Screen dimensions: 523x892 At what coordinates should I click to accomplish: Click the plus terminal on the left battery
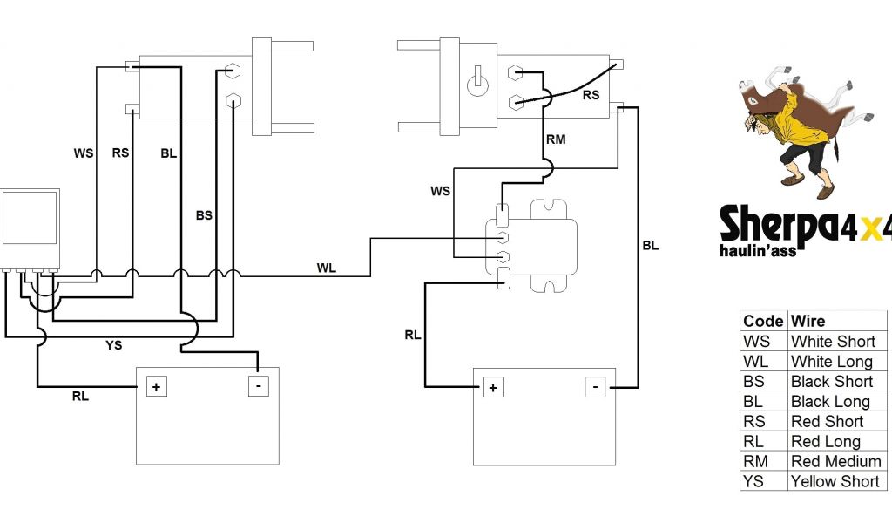pyautogui.click(x=157, y=386)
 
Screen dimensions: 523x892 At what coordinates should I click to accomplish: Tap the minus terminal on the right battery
pyautogui.click(x=595, y=386)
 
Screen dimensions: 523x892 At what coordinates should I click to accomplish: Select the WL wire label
pyautogui.click(x=326, y=268)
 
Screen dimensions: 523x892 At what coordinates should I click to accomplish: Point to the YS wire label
pyautogui.click(x=114, y=345)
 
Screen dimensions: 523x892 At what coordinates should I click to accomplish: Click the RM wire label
pyautogui.click(x=556, y=139)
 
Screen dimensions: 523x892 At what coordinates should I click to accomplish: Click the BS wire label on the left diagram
pyautogui.click(x=204, y=214)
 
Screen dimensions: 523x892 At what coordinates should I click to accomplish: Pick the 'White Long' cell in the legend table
pyautogui.click(x=831, y=362)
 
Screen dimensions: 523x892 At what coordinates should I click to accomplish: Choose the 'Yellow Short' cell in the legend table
pyautogui.click(x=835, y=481)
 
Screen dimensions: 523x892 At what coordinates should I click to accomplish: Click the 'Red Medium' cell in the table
pyautogui.click(x=835, y=461)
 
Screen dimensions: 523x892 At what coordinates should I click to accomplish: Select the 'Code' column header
pyautogui.click(x=762, y=322)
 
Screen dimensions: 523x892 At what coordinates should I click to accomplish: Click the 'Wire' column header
pyautogui.click(x=808, y=322)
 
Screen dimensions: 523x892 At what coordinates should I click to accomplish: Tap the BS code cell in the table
pyautogui.click(x=755, y=382)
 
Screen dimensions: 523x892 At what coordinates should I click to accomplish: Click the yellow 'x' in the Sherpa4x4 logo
pyautogui.click(x=864, y=228)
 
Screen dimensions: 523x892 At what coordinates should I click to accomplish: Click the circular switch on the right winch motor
pyautogui.click(x=476, y=84)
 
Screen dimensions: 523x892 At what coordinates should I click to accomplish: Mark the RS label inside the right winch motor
pyautogui.click(x=591, y=95)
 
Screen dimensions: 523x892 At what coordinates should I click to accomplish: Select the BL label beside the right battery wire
pyautogui.click(x=650, y=246)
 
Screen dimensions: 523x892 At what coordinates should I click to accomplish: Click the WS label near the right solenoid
pyautogui.click(x=440, y=191)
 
